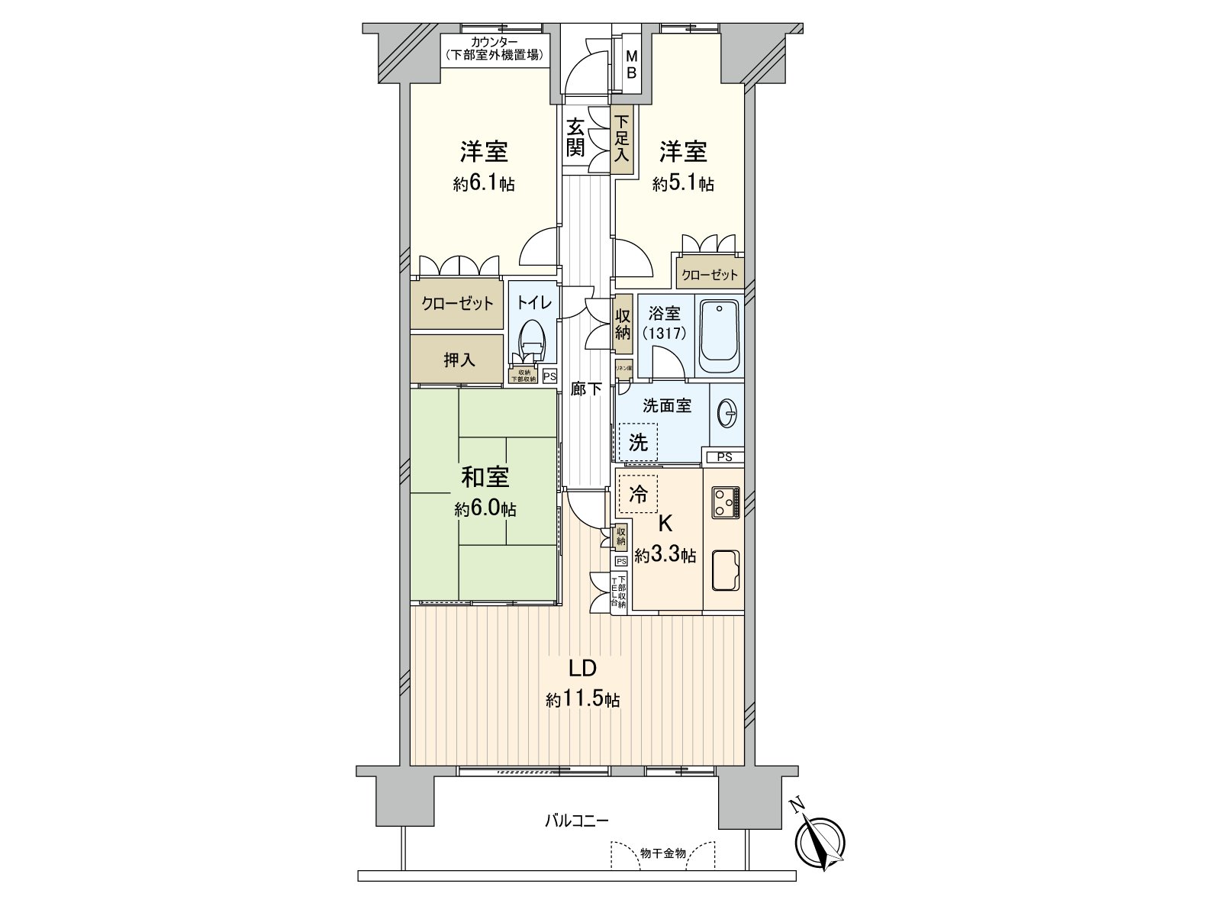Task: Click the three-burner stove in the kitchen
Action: click(x=726, y=502)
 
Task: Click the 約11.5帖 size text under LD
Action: click(x=582, y=699)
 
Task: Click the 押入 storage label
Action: click(x=459, y=360)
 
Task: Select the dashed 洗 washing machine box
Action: click(x=638, y=441)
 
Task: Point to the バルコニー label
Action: click(x=576, y=821)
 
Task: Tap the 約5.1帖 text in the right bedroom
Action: click(x=683, y=184)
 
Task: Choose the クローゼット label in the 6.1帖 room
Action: click(x=458, y=304)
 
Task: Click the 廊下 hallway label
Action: click(x=586, y=389)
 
